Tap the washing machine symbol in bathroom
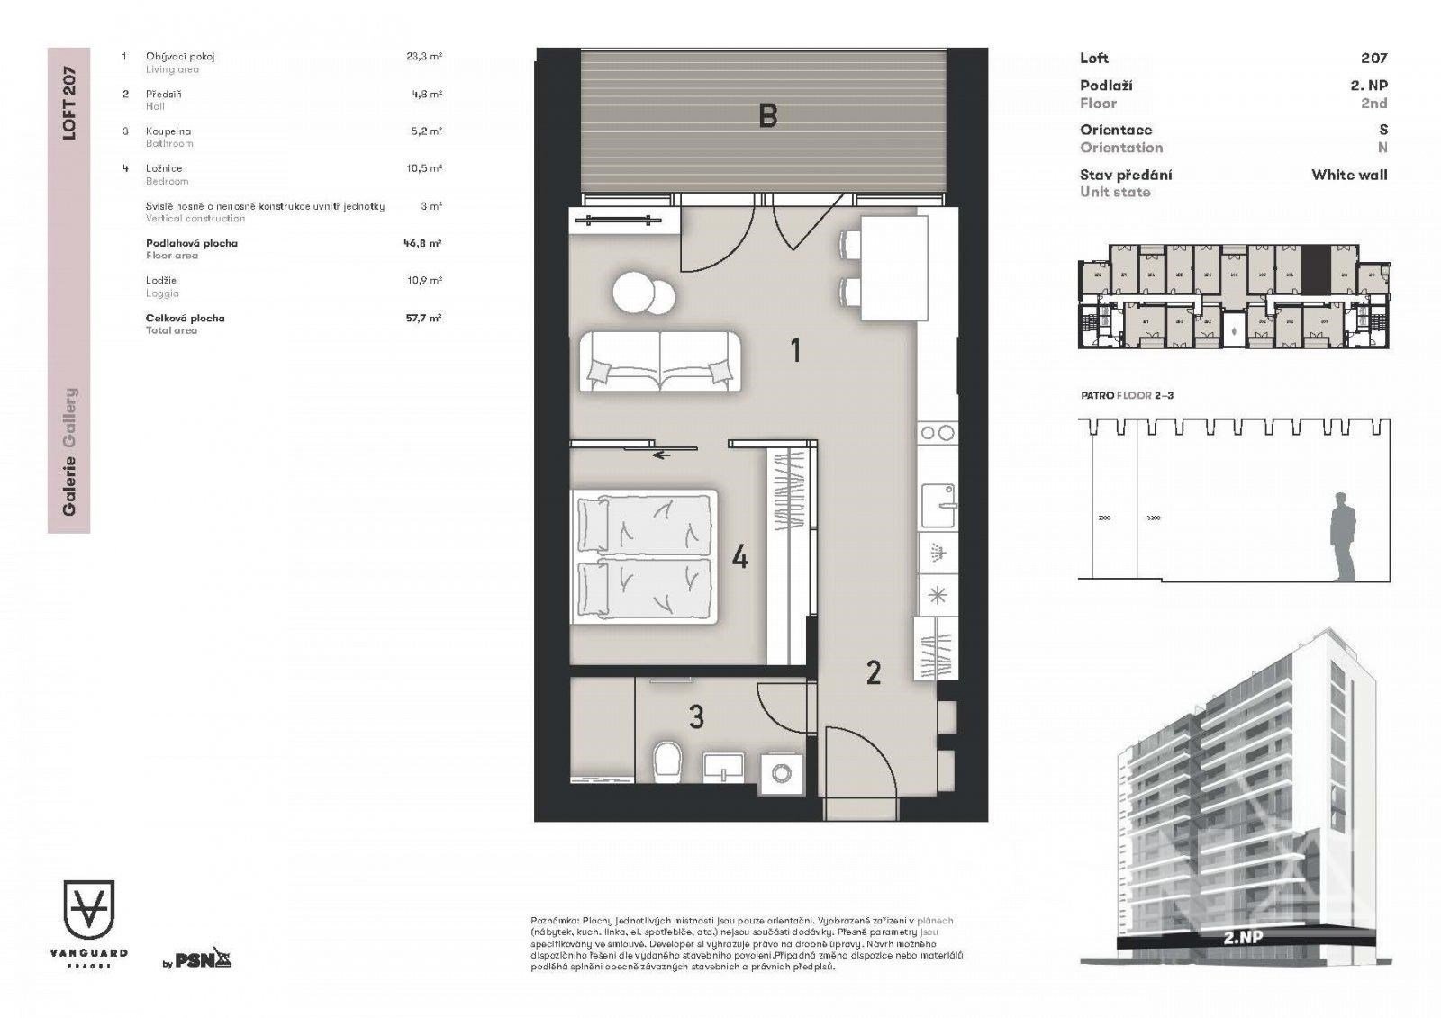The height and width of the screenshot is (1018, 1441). pos(782,773)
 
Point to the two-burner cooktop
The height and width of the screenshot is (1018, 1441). pos(937,433)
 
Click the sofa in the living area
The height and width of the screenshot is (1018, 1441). pos(660,361)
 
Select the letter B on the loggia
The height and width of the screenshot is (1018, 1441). pos(767,116)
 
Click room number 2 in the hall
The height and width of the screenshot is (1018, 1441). pos(873,672)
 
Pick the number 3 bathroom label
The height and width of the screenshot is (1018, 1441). pos(696,717)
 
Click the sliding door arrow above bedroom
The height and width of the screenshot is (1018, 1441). pos(662,455)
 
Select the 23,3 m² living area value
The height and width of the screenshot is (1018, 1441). pos(423,56)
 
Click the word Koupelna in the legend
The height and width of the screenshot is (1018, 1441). pos(168,131)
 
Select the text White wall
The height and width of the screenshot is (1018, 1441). pos(1349,175)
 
